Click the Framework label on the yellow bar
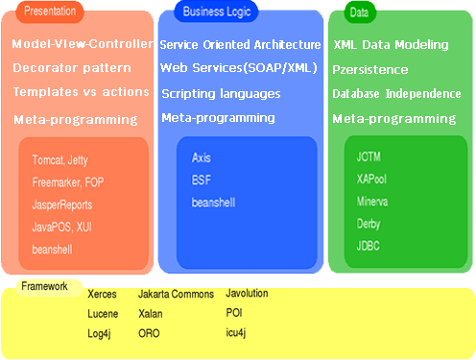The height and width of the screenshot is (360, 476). point(46,286)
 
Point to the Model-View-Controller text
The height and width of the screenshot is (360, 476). point(83,44)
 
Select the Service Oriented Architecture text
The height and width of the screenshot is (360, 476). point(240,45)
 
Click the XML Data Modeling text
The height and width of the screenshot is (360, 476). point(391,45)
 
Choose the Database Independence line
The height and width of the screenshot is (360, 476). point(396,94)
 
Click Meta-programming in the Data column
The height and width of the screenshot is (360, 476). point(393,119)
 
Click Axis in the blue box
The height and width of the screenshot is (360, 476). point(202,157)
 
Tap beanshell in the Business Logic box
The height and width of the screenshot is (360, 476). point(214,203)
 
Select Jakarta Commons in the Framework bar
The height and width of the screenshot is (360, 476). point(177,294)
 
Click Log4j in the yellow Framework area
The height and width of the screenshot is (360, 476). point(102,333)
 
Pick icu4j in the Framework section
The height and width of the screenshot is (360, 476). point(236,332)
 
